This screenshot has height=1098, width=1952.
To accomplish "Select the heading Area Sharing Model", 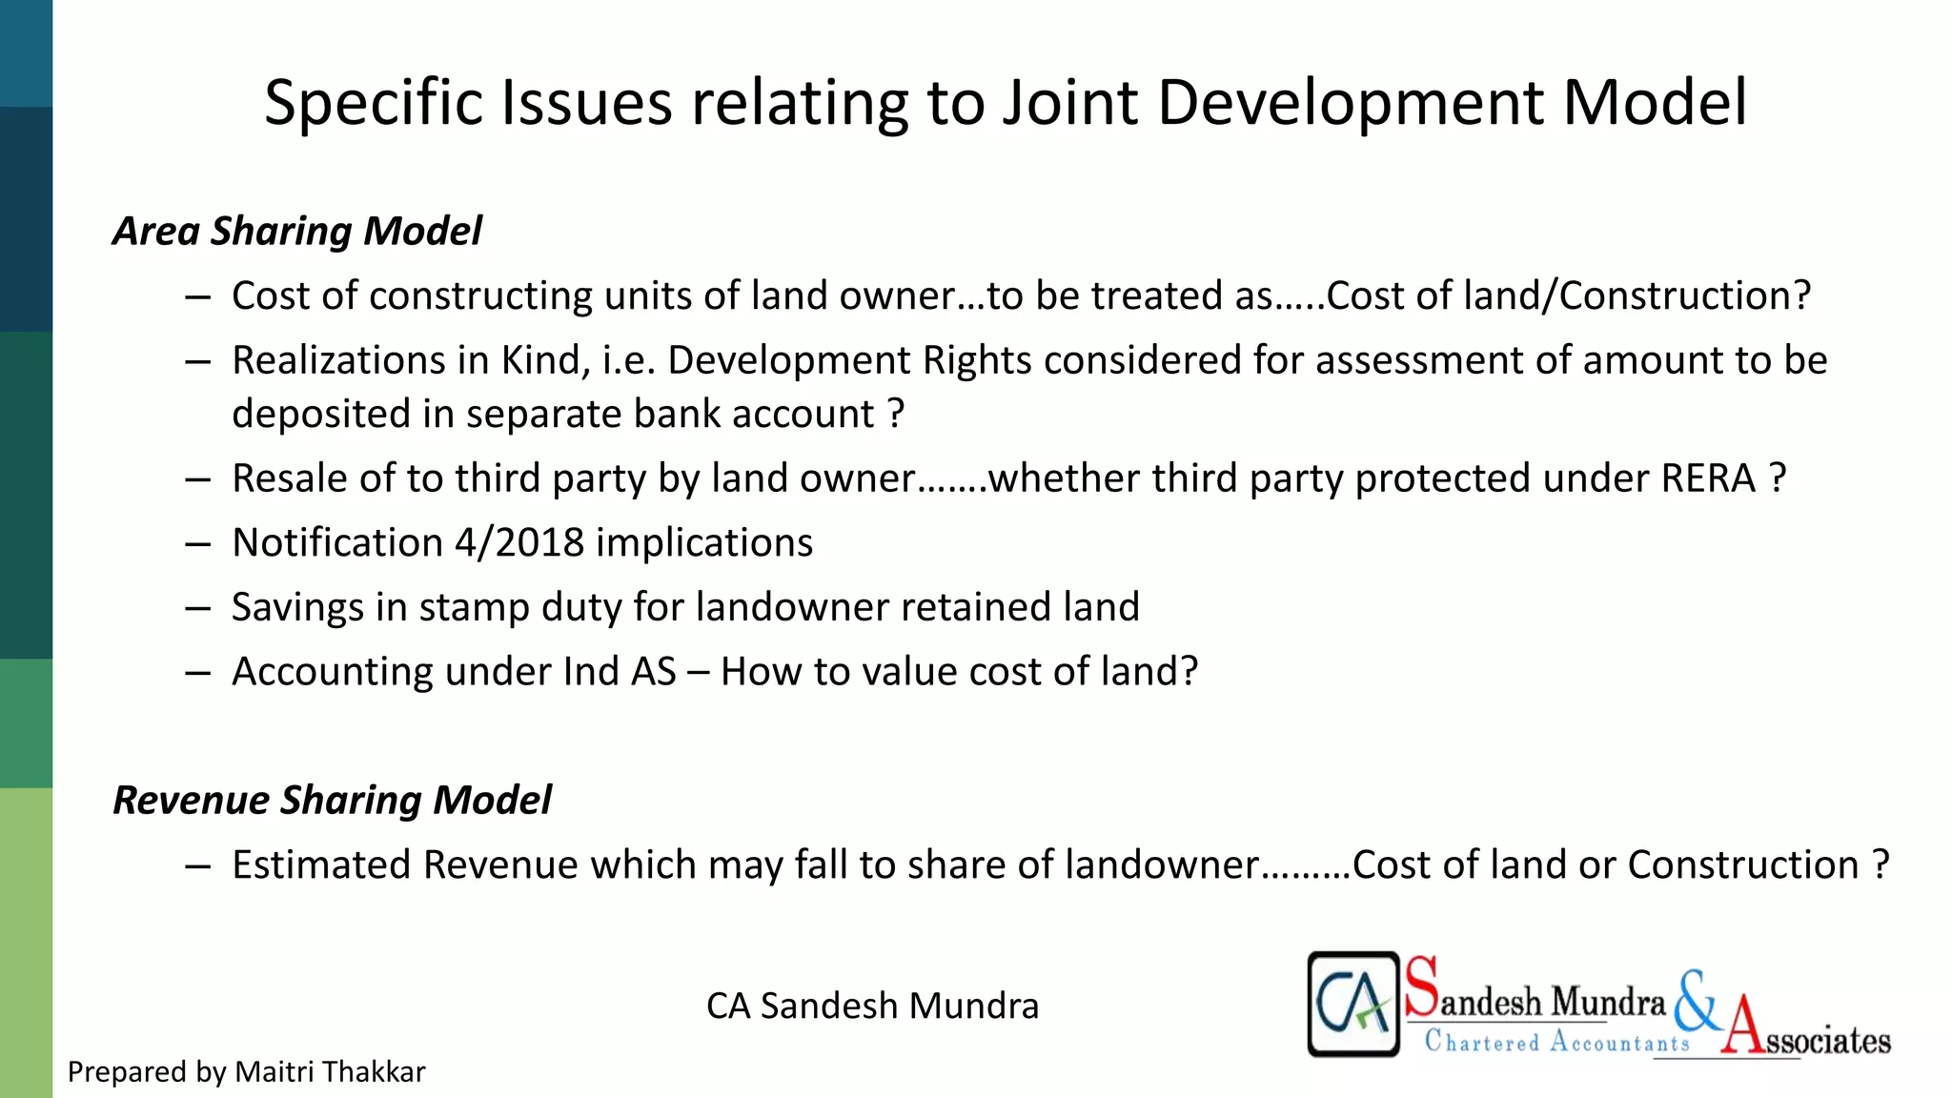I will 297,232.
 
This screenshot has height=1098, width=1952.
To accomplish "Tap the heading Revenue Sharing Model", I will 332,800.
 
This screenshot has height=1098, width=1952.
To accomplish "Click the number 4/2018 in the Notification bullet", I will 518,543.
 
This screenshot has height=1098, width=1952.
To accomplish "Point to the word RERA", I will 1708,478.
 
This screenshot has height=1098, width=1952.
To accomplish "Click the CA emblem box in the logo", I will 1352,1004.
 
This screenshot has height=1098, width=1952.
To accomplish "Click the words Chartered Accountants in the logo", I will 1556,1042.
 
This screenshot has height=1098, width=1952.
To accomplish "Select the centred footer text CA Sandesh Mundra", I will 872,1006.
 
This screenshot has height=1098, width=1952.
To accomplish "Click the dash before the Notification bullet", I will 198,543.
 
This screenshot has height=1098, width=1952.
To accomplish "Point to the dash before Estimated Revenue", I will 198,865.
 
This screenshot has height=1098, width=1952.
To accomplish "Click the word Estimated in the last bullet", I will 321,865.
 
